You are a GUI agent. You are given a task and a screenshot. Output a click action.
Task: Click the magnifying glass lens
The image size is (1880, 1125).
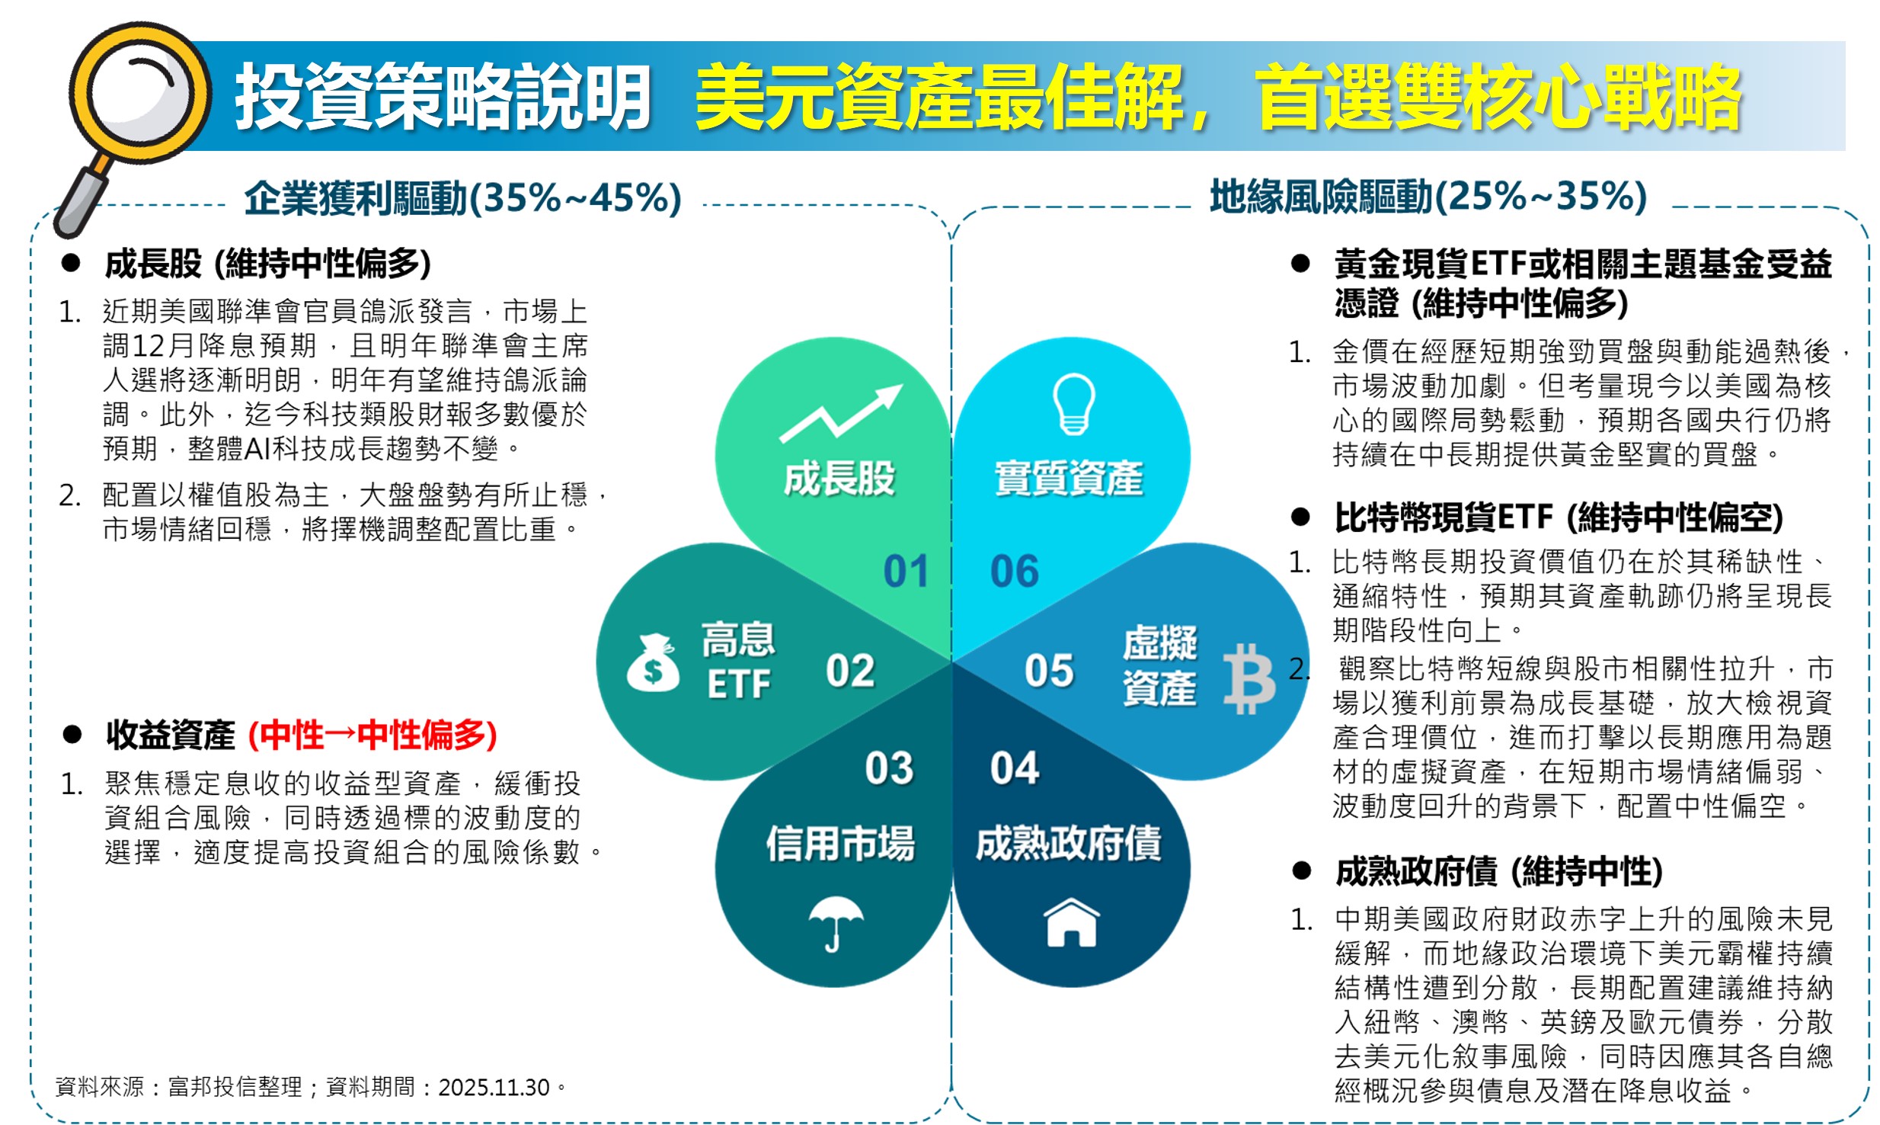140,94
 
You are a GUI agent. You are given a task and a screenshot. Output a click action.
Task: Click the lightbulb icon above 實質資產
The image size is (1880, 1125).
1073,404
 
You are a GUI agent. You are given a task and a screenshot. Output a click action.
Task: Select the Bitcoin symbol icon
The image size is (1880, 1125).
1249,678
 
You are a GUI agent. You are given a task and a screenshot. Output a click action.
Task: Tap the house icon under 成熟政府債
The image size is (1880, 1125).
1072,921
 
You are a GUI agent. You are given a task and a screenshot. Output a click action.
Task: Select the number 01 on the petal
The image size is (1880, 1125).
906,571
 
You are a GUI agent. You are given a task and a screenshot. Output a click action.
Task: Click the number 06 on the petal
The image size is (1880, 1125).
1014,571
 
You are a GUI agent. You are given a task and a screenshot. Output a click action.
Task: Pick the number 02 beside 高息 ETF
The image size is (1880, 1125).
850,671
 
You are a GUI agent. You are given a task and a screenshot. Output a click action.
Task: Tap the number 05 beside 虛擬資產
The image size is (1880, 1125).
1049,671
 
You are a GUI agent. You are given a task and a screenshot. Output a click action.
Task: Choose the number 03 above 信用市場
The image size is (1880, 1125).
889,768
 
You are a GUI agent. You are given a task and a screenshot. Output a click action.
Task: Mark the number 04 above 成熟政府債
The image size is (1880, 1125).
1015,768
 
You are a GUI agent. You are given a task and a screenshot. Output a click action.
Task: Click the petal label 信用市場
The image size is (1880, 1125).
840,844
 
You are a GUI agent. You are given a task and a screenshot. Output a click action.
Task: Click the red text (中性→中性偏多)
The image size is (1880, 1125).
372,735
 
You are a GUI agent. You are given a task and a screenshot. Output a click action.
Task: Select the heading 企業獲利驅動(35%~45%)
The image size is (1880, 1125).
463,198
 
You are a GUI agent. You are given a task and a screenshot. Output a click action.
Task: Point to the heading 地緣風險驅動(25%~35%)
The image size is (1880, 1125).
1428,197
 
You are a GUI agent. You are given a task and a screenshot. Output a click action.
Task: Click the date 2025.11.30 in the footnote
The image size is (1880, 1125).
494,1087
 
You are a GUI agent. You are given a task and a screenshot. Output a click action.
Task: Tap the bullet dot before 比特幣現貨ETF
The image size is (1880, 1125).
1300,518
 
